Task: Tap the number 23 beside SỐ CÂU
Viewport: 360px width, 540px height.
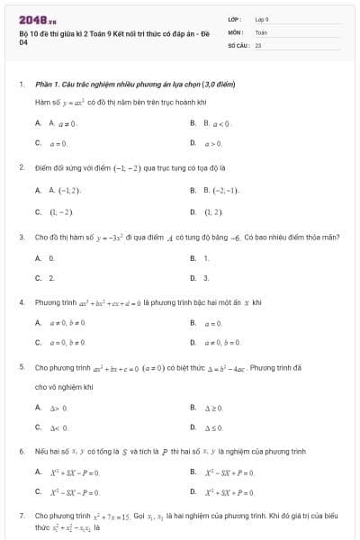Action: (x=258, y=43)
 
